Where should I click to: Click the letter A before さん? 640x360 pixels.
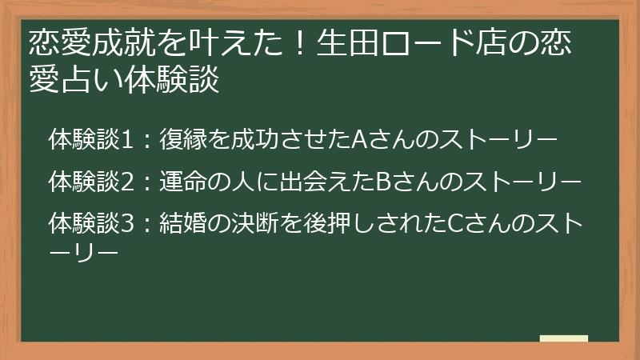tap(359, 142)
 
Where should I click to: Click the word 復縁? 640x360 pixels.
tap(181, 142)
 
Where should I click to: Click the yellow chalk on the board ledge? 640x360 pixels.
tap(563, 338)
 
